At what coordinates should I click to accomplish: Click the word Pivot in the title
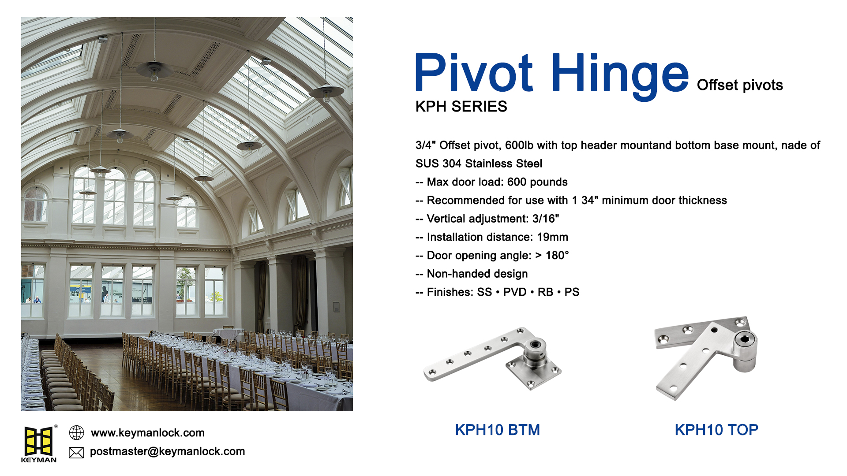pyautogui.click(x=474, y=73)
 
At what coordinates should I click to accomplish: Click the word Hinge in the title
pyautogui.click(x=619, y=74)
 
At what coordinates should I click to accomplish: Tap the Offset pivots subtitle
pyautogui.click(x=739, y=85)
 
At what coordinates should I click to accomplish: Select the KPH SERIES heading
pyautogui.click(x=461, y=107)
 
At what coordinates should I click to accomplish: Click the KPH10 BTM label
pyautogui.click(x=497, y=430)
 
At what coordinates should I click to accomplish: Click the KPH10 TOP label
pyautogui.click(x=716, y=430)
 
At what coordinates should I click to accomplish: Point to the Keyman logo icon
pyautogui.click(x=39, y=442)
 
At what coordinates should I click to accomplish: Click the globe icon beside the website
pyautogui.click(x=76, y=433)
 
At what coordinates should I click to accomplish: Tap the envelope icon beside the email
pyautogui.click(x=76, y=452)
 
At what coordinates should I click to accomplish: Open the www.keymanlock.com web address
pyautogui.click(x=147, y=433)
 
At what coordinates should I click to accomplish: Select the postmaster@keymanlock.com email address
pyautogui.click(x=167, y=451)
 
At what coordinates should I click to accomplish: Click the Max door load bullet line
pyautogui.click(x=491, y=182)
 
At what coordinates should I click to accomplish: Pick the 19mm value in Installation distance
pyautogui.click(x=552, y=237)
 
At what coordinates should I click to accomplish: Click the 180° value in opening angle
pyautogui.click(x=557, y=256)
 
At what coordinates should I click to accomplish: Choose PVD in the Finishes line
pyautogui.click(x=515, y=292)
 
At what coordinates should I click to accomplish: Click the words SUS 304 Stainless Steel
pyautogui.click(x=479, y=164)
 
